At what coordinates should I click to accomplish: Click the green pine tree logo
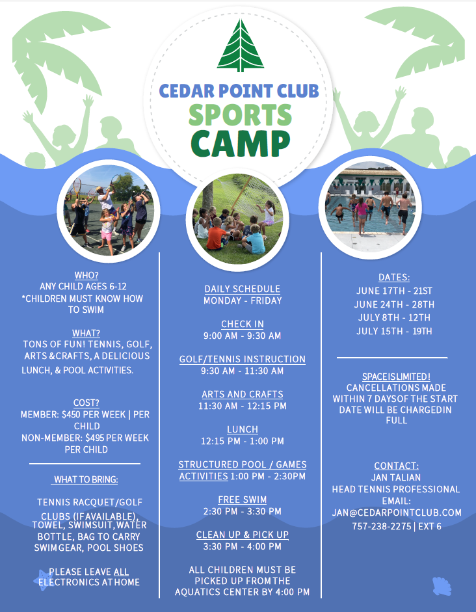click(x=241, y=47)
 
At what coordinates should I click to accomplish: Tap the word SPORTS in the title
click(x=240, y=116)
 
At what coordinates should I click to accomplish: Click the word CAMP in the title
click(x=240, y=144)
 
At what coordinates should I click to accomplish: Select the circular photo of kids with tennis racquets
click(x=107, y=208)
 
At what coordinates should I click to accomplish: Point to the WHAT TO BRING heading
click(x=85, y=479)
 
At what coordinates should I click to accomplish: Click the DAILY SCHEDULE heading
click(x=242, y=289)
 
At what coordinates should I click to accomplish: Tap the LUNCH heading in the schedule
click(x=242, y=429)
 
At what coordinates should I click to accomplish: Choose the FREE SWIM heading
click(x=242, y=499)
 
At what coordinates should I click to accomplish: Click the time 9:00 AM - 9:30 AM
click(x=242, y=336)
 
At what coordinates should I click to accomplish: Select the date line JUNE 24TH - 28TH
click(x=394, y=304)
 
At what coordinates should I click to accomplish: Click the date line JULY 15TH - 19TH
click(x=394, y=331)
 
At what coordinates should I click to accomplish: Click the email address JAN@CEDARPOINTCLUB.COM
click(x=396, y=512)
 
